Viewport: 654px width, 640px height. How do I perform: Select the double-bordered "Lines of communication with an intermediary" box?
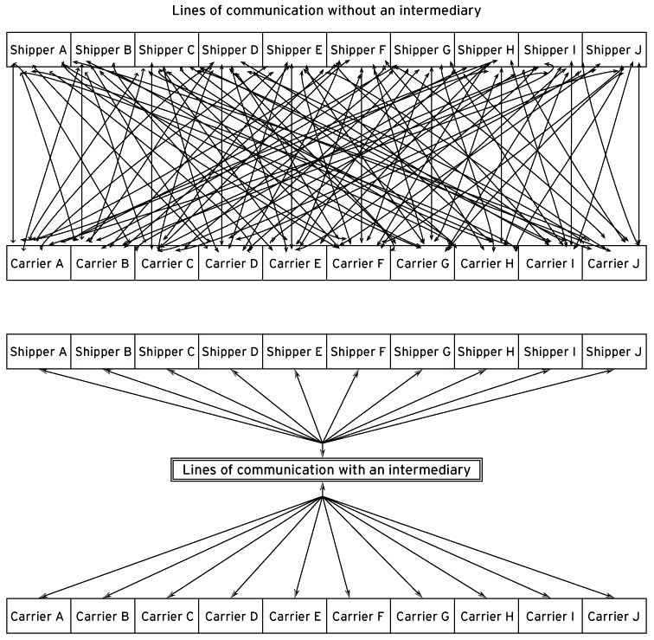coord(326,470)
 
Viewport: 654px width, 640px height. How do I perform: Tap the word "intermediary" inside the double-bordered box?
coord(432,470)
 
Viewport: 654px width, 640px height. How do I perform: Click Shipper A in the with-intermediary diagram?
coord(39,352)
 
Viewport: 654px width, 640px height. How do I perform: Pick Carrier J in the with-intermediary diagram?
coord(615,617)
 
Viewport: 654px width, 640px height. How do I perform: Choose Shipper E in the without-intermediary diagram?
coord(295,50)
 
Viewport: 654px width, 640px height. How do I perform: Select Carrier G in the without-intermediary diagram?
coord(423,263)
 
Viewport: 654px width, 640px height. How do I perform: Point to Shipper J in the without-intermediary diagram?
coord(615,50)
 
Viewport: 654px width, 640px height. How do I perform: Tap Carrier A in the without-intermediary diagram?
coord(39,263)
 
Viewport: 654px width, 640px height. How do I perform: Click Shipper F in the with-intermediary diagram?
coord(359,352)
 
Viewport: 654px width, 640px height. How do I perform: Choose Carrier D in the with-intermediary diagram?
coord(231,617)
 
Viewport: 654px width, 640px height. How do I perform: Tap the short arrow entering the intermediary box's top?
coord(323,449)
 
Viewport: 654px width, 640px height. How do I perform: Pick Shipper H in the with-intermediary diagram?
coord(487,352)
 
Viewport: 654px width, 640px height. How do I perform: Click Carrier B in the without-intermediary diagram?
coord(103,263)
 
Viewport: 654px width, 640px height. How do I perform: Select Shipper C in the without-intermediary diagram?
coord(167,50)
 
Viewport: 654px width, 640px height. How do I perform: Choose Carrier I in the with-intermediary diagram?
coord(551,617)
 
